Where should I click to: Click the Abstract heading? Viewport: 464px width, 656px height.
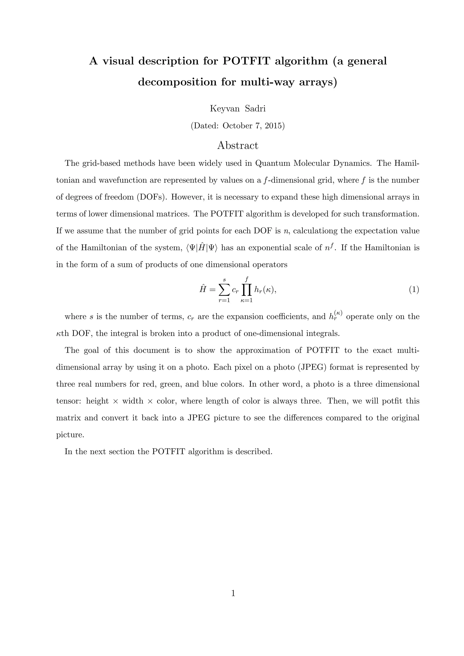(237, 145)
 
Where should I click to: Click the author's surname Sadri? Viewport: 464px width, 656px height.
(255, 109)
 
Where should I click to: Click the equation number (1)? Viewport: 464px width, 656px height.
(414, 290)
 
